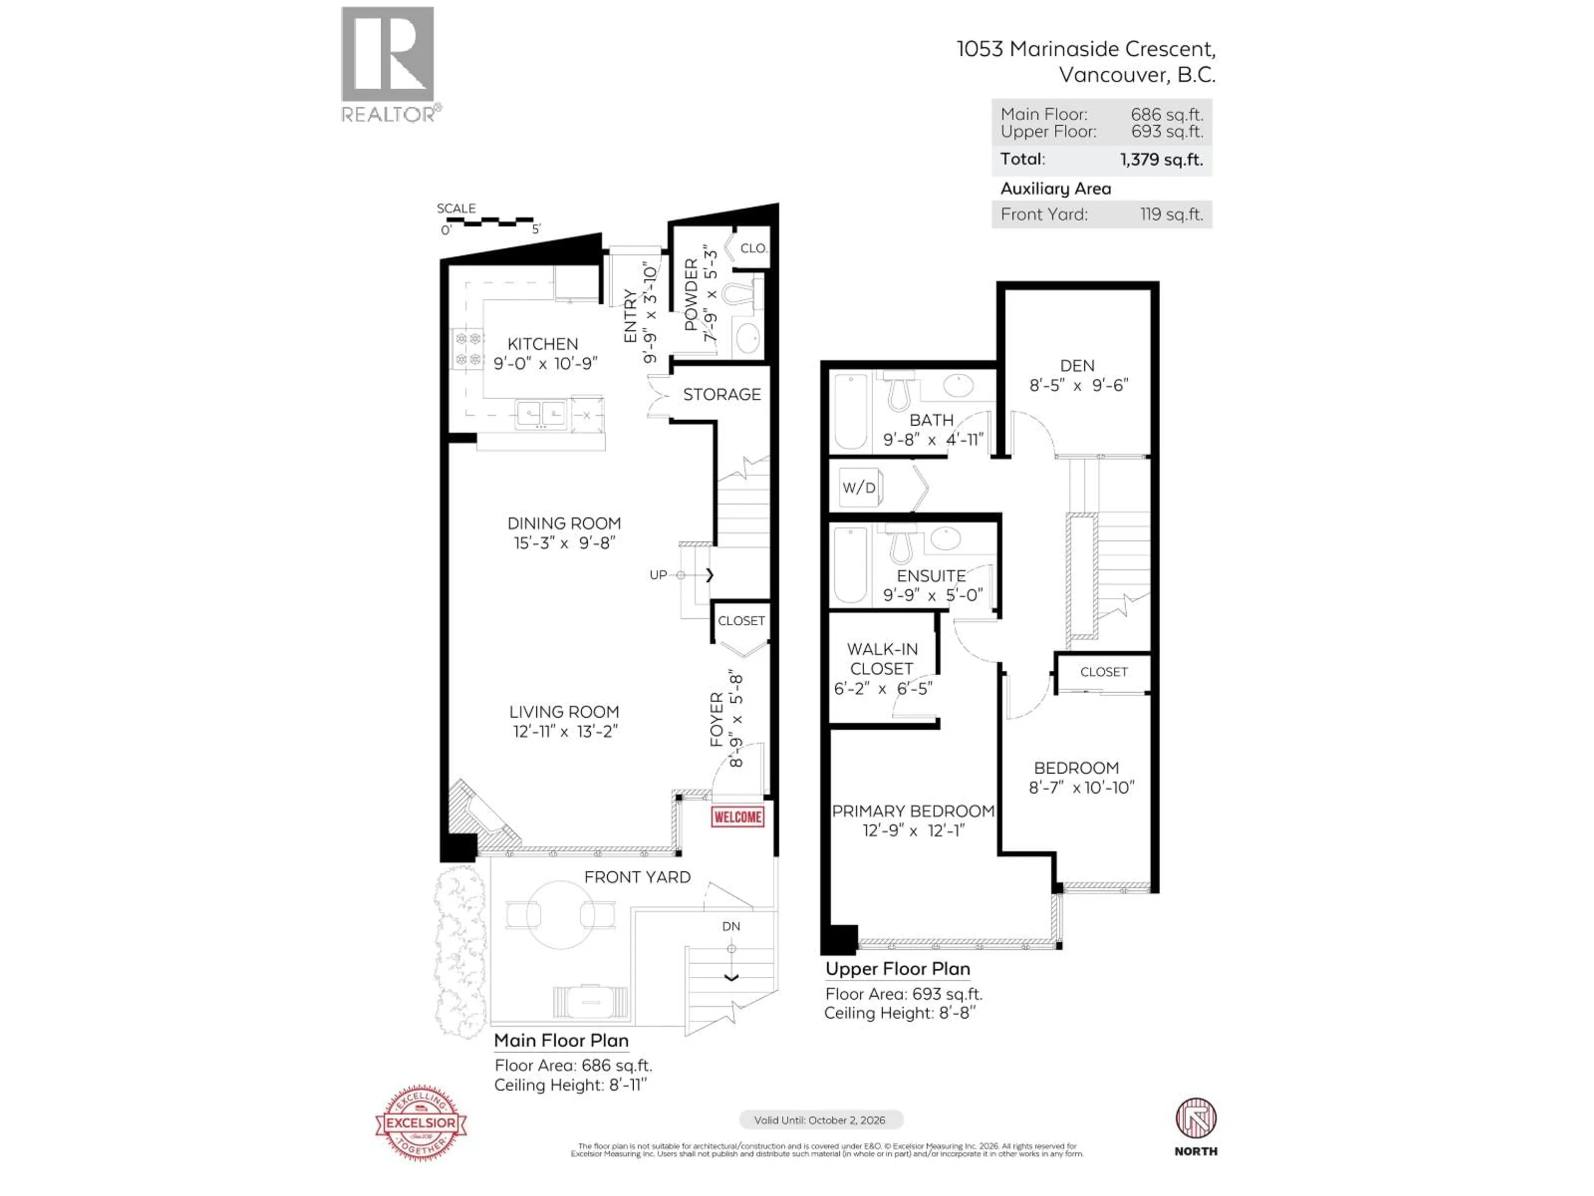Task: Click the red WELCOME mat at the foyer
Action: (737, 817)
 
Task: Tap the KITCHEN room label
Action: (543, 344)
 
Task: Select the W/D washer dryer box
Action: (859, 488)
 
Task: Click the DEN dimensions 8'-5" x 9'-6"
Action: (1078, 386)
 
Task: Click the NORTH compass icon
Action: (1195, 1119)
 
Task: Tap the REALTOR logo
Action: (388, 64)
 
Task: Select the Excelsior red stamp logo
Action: (421, 1122)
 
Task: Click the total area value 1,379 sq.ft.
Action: (1161, 159)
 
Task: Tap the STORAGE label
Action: (721, 395)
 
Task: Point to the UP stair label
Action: (658, 575)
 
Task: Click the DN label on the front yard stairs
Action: (731, 926)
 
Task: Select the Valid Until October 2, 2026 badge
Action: (820, 1120)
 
